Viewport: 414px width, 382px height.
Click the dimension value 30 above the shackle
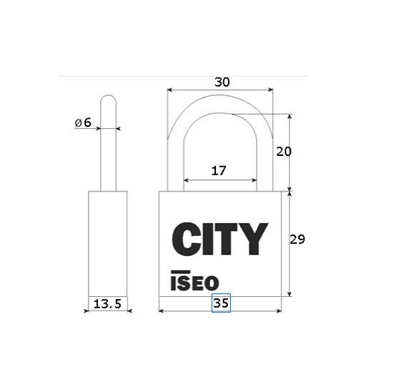click(222, 82)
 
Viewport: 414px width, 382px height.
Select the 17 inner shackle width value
click(219, 171)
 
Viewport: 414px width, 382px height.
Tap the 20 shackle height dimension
click(284, 151)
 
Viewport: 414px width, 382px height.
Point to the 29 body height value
click(297, 239)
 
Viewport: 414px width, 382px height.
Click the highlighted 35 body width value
click(221, 303)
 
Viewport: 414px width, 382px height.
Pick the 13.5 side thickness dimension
click(108, 304)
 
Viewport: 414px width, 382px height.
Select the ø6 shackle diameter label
click(83, 122)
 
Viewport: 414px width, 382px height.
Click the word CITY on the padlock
click(220, 239)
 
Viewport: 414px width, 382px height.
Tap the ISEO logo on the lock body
click(195, 281)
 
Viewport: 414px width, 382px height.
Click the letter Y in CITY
click(254, 239)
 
